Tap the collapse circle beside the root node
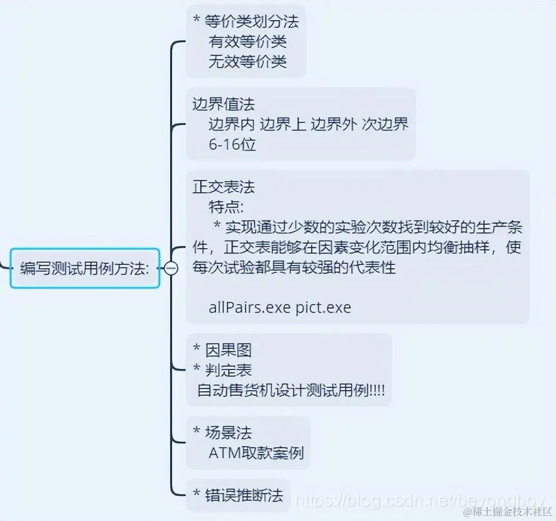coord(171,268)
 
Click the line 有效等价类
coord(248,41)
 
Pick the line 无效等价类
coord(248,61)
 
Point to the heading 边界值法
coord(224,104)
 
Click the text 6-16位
coord(232,144)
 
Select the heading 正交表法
coord(224,186)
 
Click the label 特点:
coord(227,207)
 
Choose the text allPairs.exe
coord(249,307)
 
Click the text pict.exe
coord(323,307)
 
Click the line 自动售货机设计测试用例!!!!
coord(291,390)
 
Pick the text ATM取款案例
coord(256,452)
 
